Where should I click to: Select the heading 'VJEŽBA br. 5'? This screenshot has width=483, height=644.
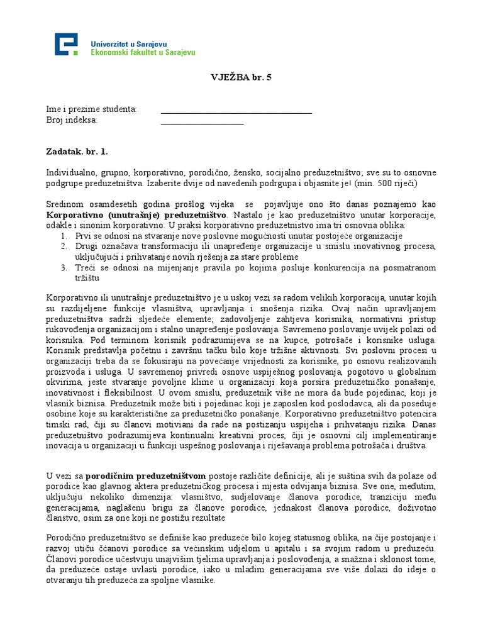click(241, 78)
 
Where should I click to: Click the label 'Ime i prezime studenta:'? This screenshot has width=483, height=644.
click(91, 109)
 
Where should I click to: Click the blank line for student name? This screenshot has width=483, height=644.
click(236, 113)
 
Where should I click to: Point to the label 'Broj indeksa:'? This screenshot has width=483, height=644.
click(72, 120)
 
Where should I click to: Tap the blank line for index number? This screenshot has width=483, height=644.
click(202, 123)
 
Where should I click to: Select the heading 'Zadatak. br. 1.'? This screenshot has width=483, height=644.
click(77, 152)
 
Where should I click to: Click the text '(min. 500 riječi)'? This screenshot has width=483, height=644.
click(384, 183)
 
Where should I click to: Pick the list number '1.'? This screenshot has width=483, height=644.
click(64, 235)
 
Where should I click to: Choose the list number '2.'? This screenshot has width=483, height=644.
click(64, 246)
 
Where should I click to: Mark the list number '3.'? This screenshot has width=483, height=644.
click(64, 267)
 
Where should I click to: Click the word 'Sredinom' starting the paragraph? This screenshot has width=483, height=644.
click(65, 204)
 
